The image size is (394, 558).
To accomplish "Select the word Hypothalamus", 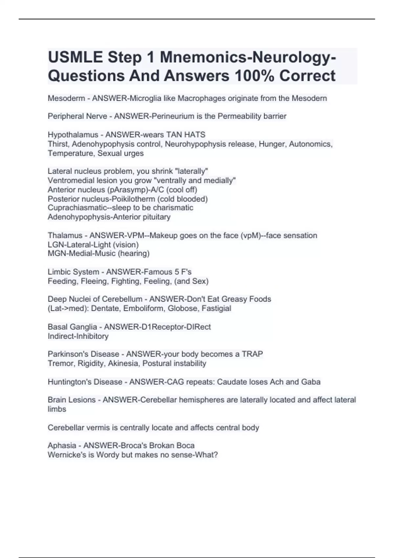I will click(73, 135).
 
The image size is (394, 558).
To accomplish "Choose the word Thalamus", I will click(65, 235).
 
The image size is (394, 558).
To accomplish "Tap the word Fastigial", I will click(216, 309).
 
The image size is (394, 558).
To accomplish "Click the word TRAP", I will click(252, 354).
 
